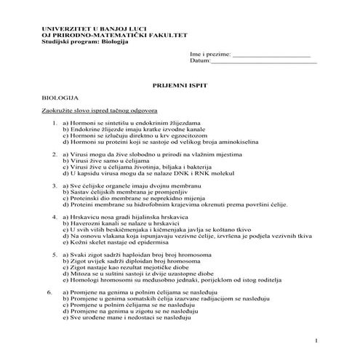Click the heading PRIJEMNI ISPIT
(181, 84)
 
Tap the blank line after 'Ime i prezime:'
(270, 55)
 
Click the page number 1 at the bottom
(317, 340)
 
